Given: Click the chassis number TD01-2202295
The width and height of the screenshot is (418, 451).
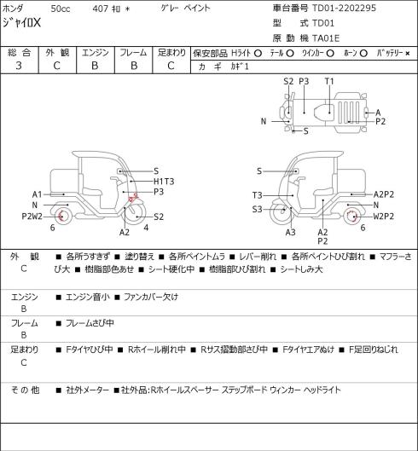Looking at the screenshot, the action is [344, 8].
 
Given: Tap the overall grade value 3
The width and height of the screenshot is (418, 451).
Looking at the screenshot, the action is [19, 66].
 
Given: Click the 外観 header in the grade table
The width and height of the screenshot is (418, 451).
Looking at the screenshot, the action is [57, 53].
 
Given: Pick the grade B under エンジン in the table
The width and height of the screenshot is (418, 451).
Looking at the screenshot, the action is [95, 66].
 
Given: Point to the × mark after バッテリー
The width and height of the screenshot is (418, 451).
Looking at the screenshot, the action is [408, 54].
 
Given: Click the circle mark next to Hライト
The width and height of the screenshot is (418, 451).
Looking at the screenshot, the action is [258, 53].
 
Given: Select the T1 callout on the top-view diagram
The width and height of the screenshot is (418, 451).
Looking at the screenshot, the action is [329, 81].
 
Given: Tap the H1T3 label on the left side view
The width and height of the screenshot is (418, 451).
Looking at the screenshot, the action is [164, 182].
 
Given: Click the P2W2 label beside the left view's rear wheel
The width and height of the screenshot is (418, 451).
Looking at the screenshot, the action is [32, 216].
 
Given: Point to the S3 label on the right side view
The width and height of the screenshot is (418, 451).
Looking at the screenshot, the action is [258, 209].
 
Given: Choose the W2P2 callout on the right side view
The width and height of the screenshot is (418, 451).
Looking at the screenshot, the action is [384, 216].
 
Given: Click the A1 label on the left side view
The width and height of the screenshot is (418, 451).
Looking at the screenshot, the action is [38, 194].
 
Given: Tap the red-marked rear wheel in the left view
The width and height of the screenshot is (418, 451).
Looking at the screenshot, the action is [61, 217].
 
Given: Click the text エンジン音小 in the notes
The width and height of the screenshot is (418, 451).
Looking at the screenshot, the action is [88, 297].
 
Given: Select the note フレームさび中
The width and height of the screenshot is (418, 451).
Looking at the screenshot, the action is [90, 323].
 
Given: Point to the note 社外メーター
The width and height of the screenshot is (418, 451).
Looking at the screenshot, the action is [88, 390].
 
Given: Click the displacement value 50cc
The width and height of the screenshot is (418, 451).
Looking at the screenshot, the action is [61, 9].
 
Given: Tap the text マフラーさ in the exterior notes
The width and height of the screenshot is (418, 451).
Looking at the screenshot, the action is [396, 256].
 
